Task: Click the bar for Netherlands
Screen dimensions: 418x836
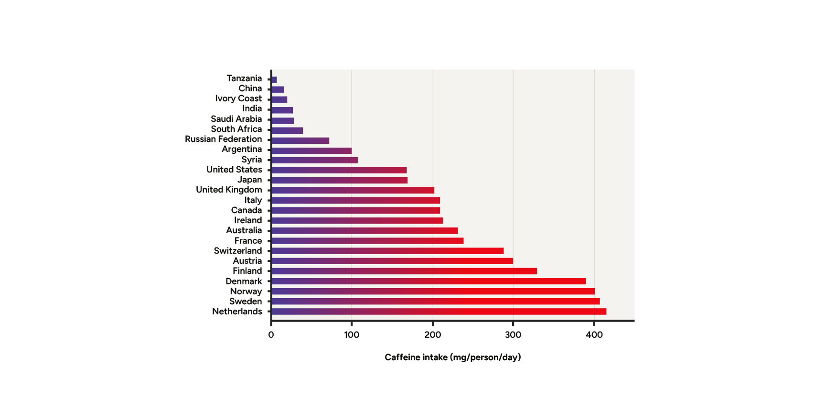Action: pos(439,311)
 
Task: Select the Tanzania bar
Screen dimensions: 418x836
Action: pos(274,80)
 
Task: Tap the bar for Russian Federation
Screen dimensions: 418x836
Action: pos(300,140)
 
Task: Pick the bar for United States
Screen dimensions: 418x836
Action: pos(339,170)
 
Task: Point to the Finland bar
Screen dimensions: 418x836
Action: pos(404,271)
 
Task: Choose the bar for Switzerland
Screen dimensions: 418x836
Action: pos(387,251)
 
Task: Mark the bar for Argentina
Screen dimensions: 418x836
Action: pos(311,150)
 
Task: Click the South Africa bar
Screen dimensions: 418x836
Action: pos(287,130)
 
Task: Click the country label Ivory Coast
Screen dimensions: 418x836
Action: pos(238,98)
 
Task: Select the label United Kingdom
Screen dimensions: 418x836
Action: pos(229,190)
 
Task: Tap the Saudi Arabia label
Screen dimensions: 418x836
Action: pos(236,119)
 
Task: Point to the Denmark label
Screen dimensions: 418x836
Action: pos(244,281)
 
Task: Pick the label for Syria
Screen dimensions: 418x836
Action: pos(251,160)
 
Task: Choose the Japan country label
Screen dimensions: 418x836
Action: pos(249,180)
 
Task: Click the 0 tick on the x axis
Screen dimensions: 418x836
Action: pos(271,335)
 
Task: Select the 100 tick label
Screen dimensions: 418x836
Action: pos(352,335)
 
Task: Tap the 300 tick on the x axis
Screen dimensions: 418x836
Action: pos(513,335)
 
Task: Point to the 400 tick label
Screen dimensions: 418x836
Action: pos(594,335)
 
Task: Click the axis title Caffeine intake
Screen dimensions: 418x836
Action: pos(452,357)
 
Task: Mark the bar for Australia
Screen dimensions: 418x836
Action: pos(364,231)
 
